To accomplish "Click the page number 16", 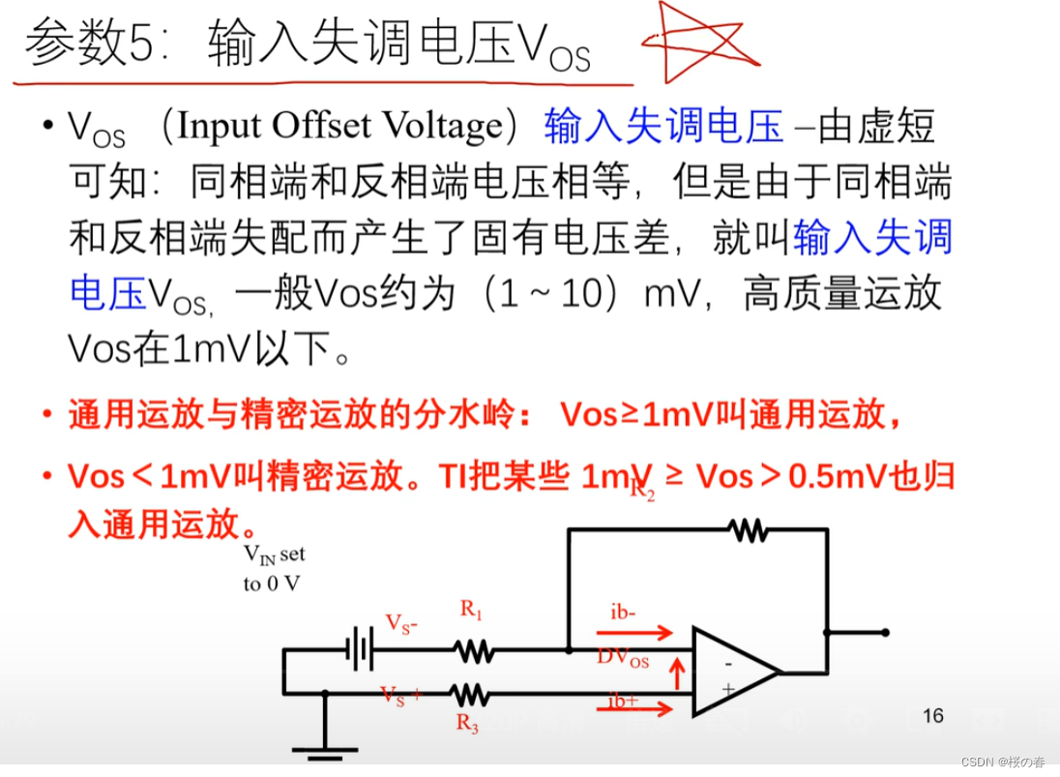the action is (932, 716).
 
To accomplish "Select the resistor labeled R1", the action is (474, 650).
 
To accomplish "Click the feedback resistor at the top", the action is (748, 529).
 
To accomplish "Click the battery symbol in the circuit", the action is (360, 648).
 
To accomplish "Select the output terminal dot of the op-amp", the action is (884, 632).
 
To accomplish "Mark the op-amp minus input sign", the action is (728, 664).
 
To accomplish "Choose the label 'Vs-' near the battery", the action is (401, 622).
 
